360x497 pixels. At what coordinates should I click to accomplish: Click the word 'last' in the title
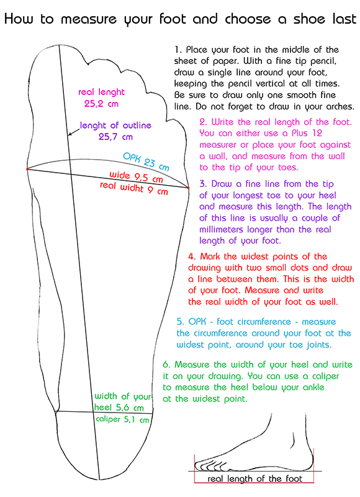click(344, 19)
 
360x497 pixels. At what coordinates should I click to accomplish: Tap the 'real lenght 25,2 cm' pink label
click(101, 98)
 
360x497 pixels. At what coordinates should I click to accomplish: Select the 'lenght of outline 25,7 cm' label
click(115, 131)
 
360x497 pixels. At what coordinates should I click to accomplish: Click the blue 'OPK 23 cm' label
click(146, 162)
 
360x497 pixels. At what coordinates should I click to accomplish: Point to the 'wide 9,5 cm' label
click(136, 177)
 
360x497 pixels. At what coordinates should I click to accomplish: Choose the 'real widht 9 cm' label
click(133, 188)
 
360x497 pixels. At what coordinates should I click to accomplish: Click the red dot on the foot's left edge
click(27, 169)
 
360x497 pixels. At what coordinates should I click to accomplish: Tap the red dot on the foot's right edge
click(189, 188)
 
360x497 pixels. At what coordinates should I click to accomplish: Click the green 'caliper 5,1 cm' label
click(122, 419)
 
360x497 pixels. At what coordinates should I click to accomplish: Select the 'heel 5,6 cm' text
click(119, 408)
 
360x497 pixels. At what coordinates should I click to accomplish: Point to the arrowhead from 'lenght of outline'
click(70, 134)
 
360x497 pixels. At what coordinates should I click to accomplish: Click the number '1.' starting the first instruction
click(178, 50)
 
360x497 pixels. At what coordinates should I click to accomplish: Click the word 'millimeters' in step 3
click(221, 229)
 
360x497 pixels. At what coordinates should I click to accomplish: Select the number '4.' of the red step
click(192, 256)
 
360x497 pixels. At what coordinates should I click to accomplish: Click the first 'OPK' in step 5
click(197, 322)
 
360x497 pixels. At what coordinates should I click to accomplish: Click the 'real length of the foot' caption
click(255, 478)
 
